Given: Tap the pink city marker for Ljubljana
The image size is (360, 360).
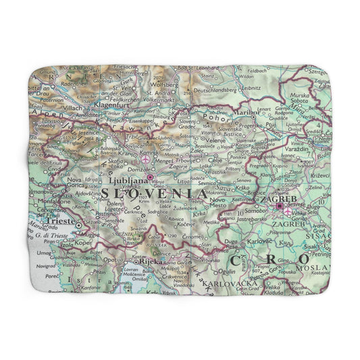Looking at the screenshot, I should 150,178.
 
